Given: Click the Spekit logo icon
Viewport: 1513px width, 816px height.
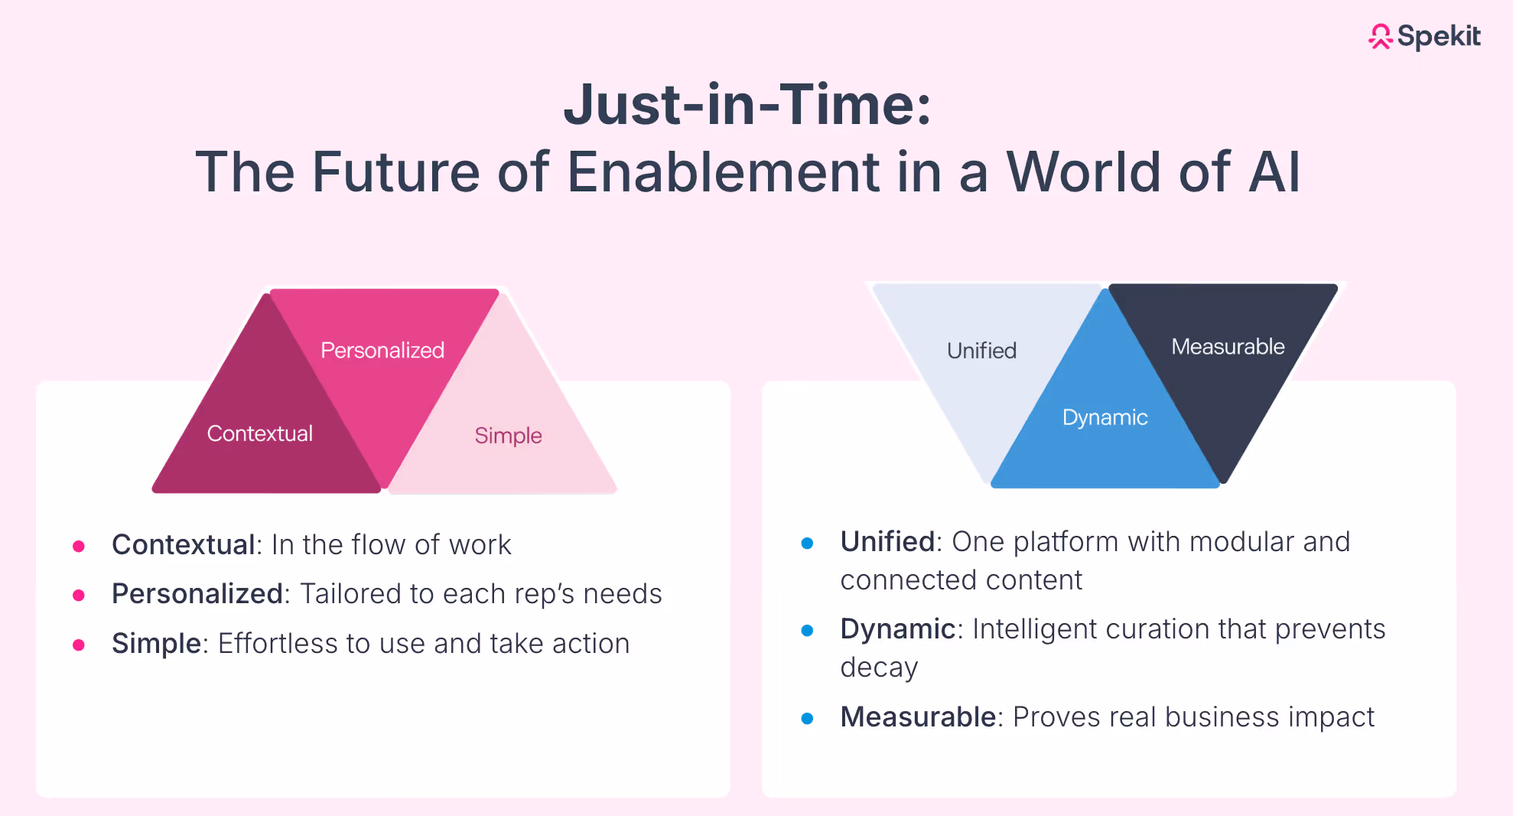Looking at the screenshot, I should point(1381,36).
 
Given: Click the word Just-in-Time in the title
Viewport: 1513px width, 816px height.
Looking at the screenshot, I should point(747,105).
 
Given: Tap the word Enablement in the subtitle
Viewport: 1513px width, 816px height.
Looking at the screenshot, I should point(723,172).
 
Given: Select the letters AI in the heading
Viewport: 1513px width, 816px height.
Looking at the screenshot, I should point(1274,172).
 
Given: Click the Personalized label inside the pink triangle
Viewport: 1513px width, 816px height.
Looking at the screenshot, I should point(382,351).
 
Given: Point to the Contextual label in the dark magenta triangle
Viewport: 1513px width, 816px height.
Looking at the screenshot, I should point(260,434).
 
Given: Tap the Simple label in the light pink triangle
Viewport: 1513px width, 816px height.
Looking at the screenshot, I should point(508,436).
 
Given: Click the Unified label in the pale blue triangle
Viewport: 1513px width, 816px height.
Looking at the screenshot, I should point(981,351).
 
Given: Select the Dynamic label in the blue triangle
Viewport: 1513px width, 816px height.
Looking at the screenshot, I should point(1105,417).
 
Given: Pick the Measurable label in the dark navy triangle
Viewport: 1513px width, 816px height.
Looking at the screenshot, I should point(1228,347).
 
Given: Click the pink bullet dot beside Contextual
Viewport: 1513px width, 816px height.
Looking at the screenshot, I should point(79,546).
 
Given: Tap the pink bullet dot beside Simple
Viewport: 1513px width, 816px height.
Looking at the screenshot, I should point(79,645).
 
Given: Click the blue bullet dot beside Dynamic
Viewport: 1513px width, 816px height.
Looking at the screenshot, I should point(807,631).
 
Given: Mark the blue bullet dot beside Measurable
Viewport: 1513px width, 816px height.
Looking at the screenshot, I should point(807,719).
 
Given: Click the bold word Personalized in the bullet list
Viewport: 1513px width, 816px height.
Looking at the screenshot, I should point(197,594).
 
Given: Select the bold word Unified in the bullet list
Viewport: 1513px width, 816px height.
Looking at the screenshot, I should point(887,542).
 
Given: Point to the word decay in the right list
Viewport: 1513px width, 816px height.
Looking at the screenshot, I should point(878,667).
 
